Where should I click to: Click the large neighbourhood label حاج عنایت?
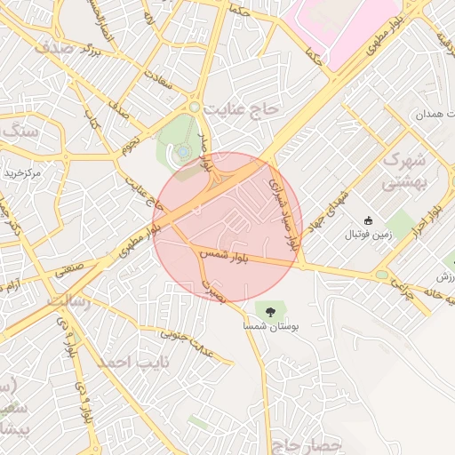[x=242, y=108]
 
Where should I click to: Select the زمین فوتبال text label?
[x=368, y=235]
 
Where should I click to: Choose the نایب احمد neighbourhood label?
[x=124, y=363]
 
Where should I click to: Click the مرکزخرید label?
[x=22, y=172]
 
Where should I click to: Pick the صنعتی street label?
[x=74, y=269]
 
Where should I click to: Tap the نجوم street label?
[x=130, y=143]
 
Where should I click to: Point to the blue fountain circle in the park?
[x=183, y=153]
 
